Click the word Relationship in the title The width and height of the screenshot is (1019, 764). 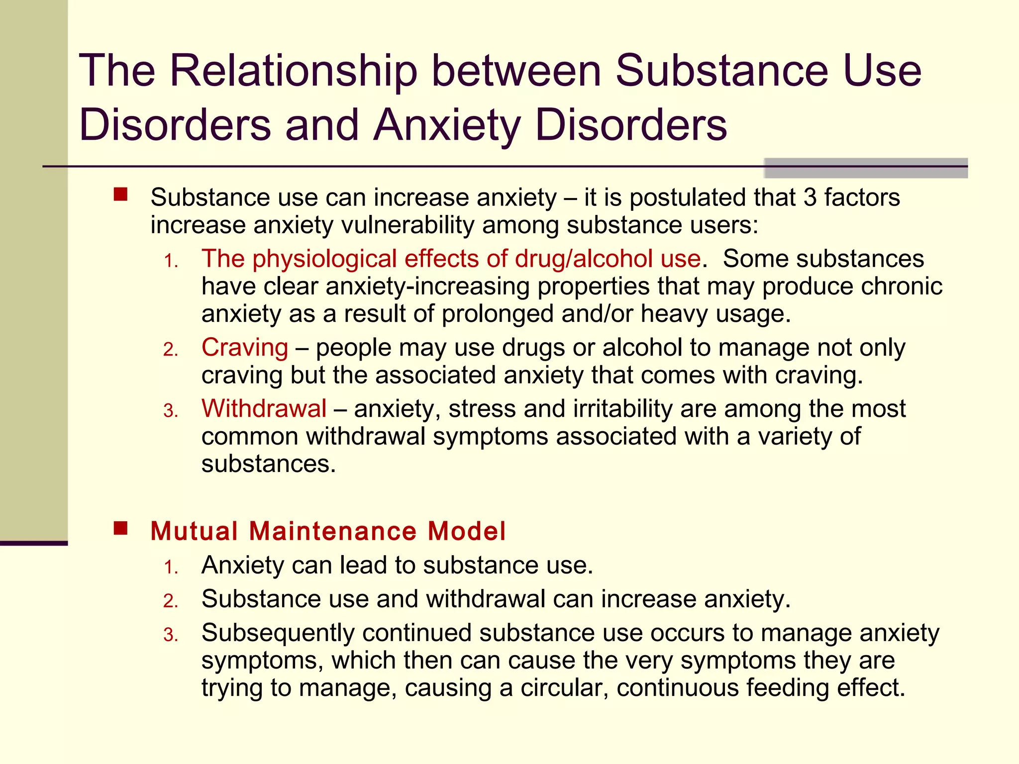pos(293,71)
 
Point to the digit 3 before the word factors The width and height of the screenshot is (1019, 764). pos(810,197)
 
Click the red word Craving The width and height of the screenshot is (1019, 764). pos(245,348)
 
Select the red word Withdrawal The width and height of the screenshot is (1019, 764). pos(264,409)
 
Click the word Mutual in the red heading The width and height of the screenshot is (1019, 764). pos(195,531)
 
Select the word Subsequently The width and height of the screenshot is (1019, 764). pos(277,633)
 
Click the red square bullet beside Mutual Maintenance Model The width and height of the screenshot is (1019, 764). pos(120,528)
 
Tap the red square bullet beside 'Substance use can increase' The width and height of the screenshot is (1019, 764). pos(120,194)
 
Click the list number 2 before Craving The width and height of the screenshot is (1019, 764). pos(170,350)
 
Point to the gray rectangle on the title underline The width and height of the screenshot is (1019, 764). pos(865,168)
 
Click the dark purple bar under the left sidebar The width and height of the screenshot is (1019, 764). pos(34,543)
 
